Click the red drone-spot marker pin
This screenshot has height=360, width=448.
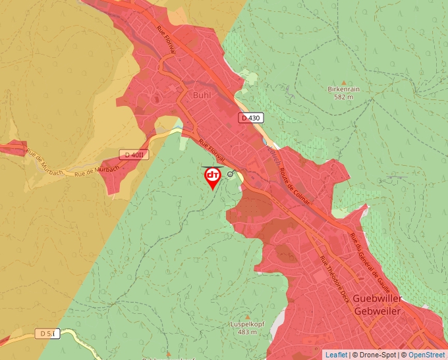[213, 176]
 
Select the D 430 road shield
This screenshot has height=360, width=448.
[251, 118]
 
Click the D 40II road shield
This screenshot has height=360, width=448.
[133, 154]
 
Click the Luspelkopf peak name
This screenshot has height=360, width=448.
[247, 324]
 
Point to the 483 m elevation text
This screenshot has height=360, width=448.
[247, 332]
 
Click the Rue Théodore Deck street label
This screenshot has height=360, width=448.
[334, 280]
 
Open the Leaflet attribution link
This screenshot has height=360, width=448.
[336, 355]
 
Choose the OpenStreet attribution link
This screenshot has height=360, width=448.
[426, 355]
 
